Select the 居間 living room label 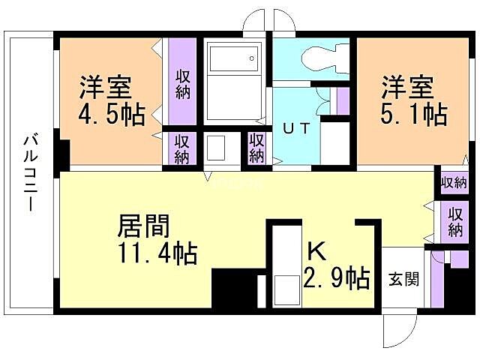tap(143, 225)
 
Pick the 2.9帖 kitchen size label tap(337, 278)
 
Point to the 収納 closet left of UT tap(256, 148)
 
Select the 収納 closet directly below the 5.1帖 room tap(454, 182)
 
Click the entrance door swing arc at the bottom tap(398, 330)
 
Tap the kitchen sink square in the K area tap(286, 288)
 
